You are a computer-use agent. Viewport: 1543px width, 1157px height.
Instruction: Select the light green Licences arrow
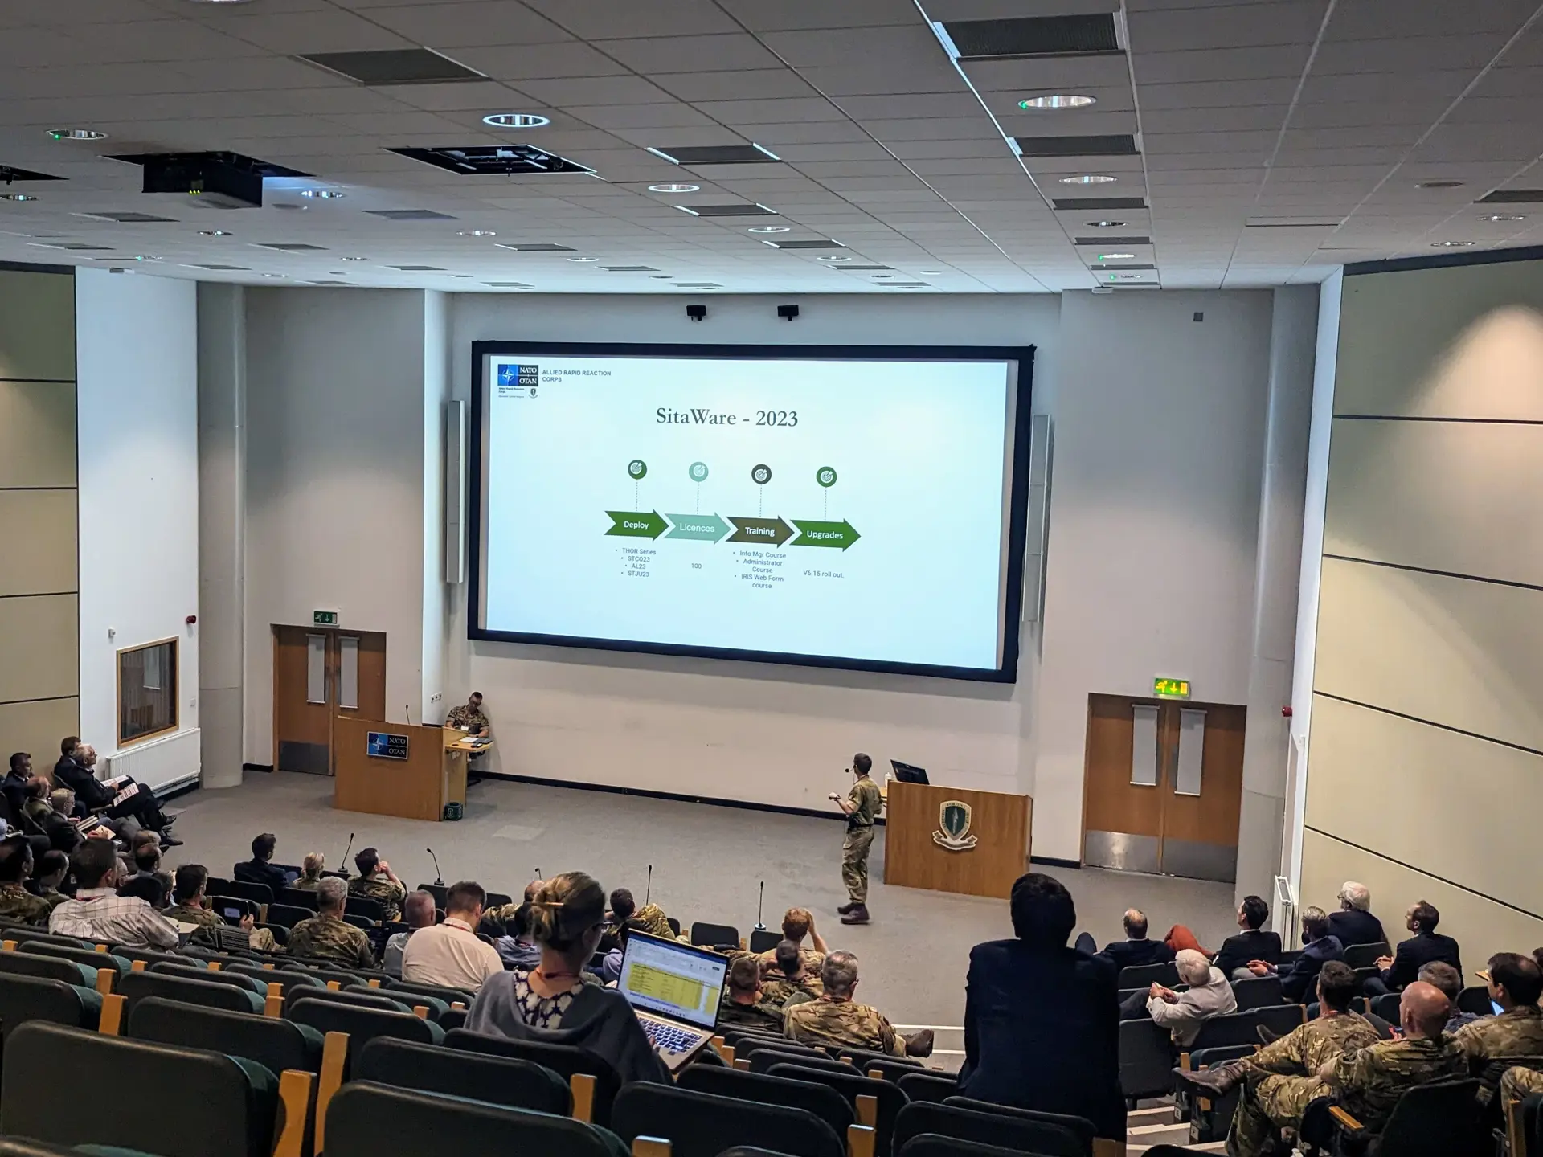tap(697, 528)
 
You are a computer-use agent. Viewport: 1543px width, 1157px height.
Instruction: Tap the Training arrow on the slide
tap(759, 531)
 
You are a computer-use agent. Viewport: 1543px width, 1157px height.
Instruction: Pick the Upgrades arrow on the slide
tap(825, 534)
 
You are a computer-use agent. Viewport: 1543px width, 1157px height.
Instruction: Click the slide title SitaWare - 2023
tap(726, 417)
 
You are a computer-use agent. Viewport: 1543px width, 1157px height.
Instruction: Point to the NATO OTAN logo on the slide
tap(518, 375)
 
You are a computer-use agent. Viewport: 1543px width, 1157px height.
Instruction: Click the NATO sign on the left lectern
tap(387, 746)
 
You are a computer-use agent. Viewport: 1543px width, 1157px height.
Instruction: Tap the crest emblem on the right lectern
tap(955, 824)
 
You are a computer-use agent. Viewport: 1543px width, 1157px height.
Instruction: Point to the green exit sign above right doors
tap(1172, 688)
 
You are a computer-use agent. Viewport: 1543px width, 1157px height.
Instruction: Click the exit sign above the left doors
tap(325, 617)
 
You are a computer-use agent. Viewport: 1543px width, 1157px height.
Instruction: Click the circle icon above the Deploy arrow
tap(637, 469)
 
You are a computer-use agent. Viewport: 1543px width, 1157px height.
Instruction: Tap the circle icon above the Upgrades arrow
tap(826, 477)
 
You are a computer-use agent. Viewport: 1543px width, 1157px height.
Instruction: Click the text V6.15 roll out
tap(824, 574)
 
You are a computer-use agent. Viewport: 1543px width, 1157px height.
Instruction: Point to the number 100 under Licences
tap(696, 566)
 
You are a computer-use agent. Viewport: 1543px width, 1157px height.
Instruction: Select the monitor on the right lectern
tap(909, 772)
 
